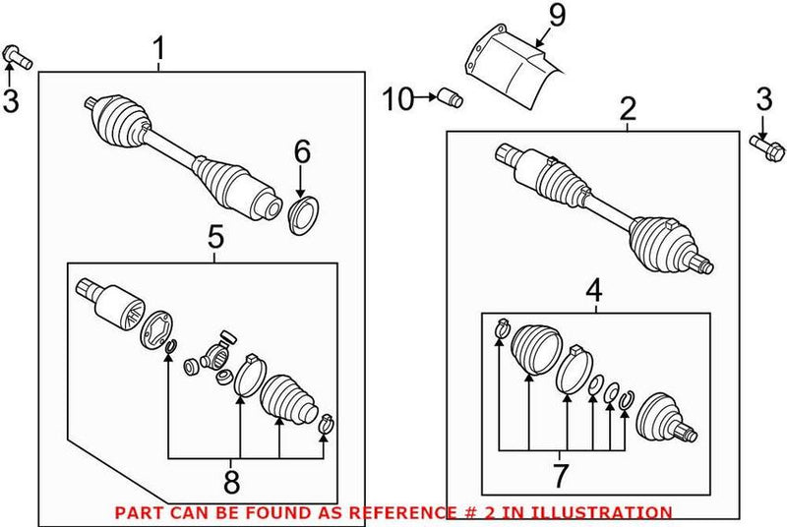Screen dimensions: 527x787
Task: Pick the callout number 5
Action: (x=214, y=238)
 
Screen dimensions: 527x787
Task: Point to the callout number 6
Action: (x=301, y=150)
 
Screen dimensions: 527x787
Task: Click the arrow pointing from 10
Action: (x=427, y=97)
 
